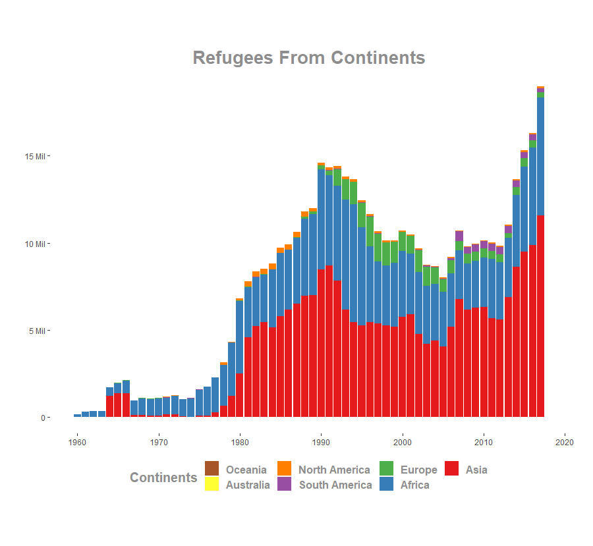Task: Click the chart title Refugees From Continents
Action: click(x=308, y=58)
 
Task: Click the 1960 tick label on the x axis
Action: click(x=77, y=442)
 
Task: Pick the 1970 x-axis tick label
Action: click(x=159, y=442)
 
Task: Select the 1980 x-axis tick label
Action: click(x=240, y=442)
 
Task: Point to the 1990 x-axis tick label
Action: click(x=322, y=442)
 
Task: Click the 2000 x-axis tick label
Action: click(x=403, y=442)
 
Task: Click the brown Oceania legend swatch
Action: click(x=212, y=468)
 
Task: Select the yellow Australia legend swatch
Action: click(x=212, y=484)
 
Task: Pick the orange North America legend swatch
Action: click(x=284, y=468)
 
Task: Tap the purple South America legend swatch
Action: click(x=284, y=484)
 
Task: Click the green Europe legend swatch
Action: click(x=386, y=468)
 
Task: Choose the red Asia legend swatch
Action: click(x=451, y=468)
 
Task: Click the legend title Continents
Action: click(x=163, y=478)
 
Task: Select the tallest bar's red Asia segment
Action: click(x=540, y=316)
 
